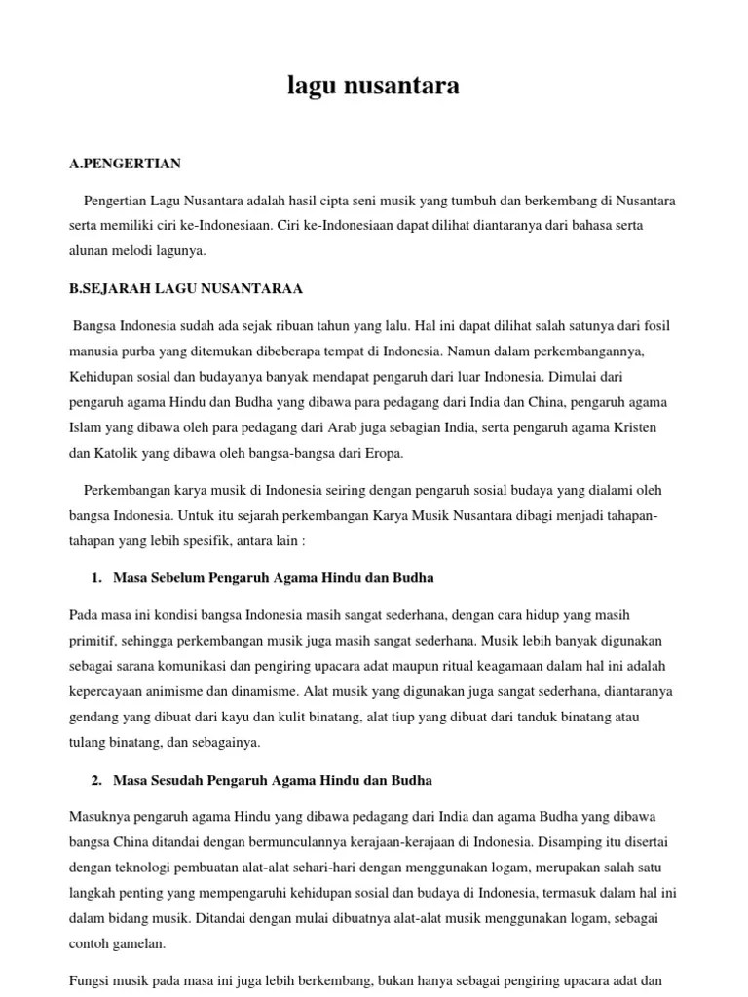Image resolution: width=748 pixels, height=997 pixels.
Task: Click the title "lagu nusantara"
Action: tap(374, 87)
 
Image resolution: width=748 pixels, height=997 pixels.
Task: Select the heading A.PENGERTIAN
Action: tap(126, 164)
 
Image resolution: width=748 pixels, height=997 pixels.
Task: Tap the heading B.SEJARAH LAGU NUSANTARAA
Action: tap(186, 288)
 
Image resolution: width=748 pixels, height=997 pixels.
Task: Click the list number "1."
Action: tap(96, 578)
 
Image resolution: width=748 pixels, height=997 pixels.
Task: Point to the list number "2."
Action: tap(96, 781)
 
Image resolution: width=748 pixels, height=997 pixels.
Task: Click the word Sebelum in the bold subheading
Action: tap(179, 578)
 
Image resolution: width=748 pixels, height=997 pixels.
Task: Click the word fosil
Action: tap(654, 326)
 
